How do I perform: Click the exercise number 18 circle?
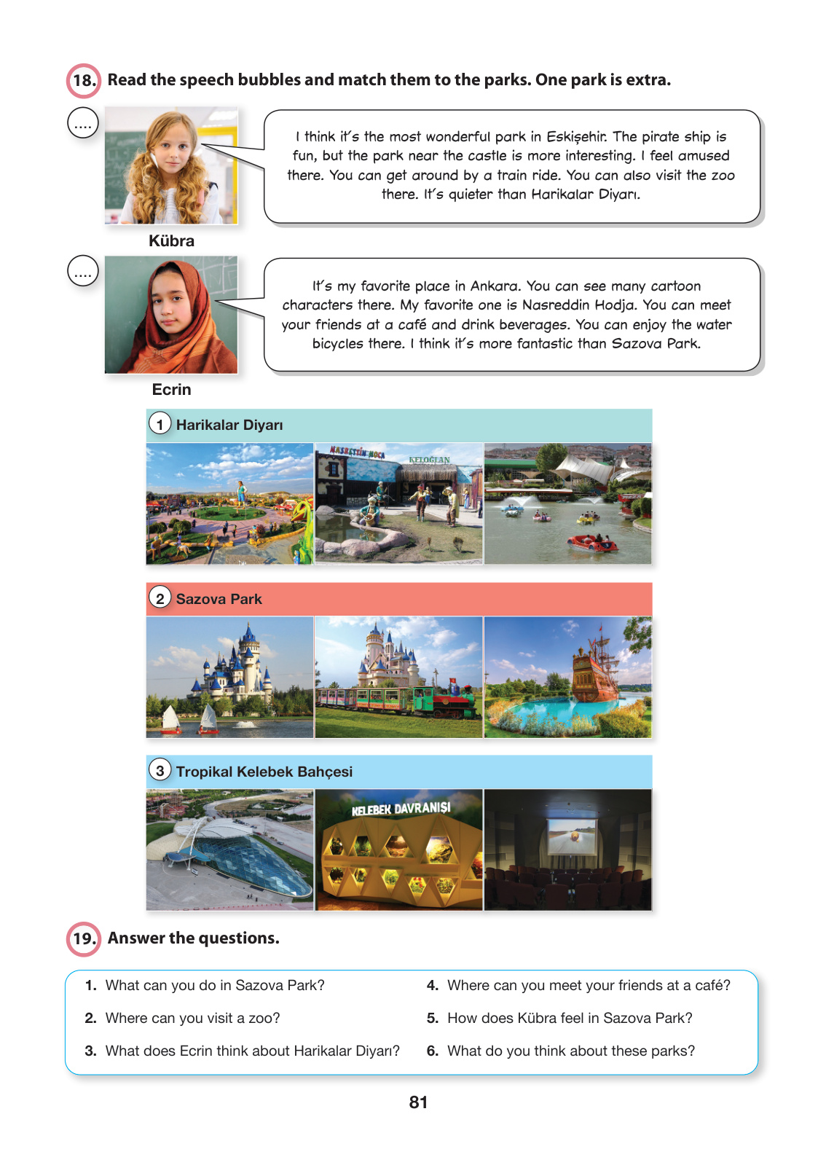point(84,80)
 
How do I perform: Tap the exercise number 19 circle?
point(84,938)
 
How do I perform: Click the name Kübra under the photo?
point(171,241)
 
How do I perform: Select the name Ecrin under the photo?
point(171,390)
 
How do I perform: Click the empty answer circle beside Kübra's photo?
point(83,123)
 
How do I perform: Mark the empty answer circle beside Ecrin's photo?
point(83,271)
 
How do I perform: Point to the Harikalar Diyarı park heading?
point(229,425)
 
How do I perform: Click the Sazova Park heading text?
point(219,600)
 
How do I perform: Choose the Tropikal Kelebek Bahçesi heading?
point(264,772)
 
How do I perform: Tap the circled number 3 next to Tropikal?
point(160,770)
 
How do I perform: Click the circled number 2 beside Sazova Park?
point(160,598)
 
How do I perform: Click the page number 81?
point(418,1102)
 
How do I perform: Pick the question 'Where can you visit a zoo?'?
point(192,1019)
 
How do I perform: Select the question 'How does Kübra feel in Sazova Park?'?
point(570,1019)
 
